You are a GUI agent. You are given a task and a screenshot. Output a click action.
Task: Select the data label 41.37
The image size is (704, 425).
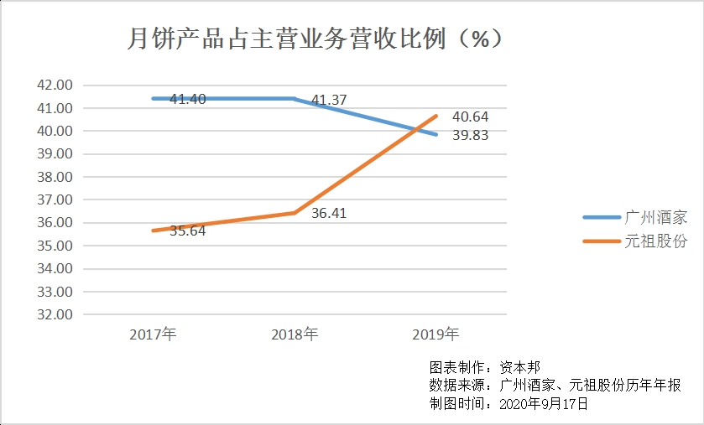pyautogui.click(x=329, y=101)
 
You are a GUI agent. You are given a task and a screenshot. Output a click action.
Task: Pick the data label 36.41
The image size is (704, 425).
pyautogui.click(x=328, y=214)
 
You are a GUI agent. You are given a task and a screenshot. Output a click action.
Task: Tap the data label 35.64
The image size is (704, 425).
pyautogui.click(x=187, y=231)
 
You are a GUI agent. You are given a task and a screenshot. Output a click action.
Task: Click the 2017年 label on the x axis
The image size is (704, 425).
pyautogui.click(x=153, y=334)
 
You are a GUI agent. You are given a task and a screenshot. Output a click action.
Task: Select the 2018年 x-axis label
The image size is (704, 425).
pyautogui.click(x=295, y=334)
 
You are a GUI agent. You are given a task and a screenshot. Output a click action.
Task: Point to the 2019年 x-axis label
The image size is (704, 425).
pyautogui.click(x=435, y=334)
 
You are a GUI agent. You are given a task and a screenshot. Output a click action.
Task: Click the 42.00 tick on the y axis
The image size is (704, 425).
pyautogui.click(x=55, y=86)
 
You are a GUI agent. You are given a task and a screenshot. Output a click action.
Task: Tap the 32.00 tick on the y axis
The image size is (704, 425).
pyautogui.click(x=55, y=315)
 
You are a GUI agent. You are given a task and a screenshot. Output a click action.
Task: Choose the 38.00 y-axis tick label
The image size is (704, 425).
pyautogui.click(x=55, y=177)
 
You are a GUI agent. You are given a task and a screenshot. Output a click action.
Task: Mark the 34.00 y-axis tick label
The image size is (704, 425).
pyautogui.click(x=55, y=269)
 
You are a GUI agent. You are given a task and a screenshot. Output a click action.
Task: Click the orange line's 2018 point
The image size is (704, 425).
pyautogui.click(x=295, y=213)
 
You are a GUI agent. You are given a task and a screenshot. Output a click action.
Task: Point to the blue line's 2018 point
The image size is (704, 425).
pyautogui.click(x=295, y=99)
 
